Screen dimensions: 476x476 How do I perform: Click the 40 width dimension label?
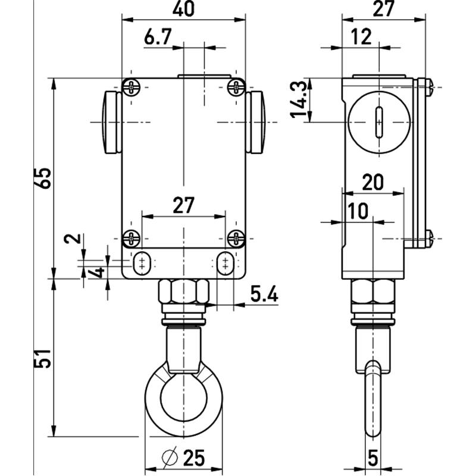point(183,8)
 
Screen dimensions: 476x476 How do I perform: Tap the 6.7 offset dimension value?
point(158,37)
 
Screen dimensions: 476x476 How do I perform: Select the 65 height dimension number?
point(42,178)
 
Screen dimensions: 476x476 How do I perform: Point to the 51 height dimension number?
point(42,359)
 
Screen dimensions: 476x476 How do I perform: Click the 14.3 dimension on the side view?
point(299,99)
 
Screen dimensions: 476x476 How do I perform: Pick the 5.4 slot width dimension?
point(264,294)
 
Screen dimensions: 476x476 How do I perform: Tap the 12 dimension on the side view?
point(361,37)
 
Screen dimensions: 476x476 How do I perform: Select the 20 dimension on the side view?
point(373,182)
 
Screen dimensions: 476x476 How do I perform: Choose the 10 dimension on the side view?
point(358,211)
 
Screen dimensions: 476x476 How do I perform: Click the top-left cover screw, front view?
point(131,87)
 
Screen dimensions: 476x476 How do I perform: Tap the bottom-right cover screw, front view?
point(236,239)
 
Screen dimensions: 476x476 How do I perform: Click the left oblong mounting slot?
point(142,263)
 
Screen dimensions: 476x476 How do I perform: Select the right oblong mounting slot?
point(226,263)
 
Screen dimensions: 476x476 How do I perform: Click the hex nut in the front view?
point(183,292)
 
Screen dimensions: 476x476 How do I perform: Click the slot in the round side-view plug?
point(379,123)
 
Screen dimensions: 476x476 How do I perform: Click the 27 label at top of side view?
point(383,8)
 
